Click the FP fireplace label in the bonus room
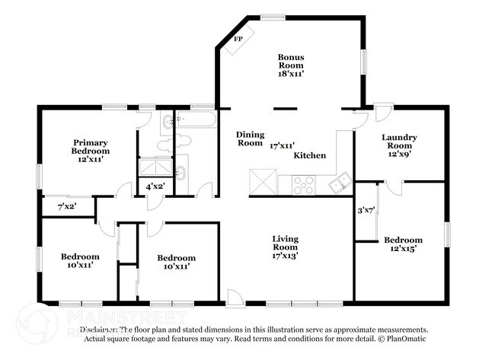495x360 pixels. (x=238, y=38)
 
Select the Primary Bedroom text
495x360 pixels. (x=91, y=151)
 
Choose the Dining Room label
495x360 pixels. (x=250, y=139)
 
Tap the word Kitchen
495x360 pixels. (x=310, y=155)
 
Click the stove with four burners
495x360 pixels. (x=304, y=183)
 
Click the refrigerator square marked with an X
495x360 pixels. (x=262, y=183)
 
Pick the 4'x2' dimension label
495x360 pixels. (x=155, y=186)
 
